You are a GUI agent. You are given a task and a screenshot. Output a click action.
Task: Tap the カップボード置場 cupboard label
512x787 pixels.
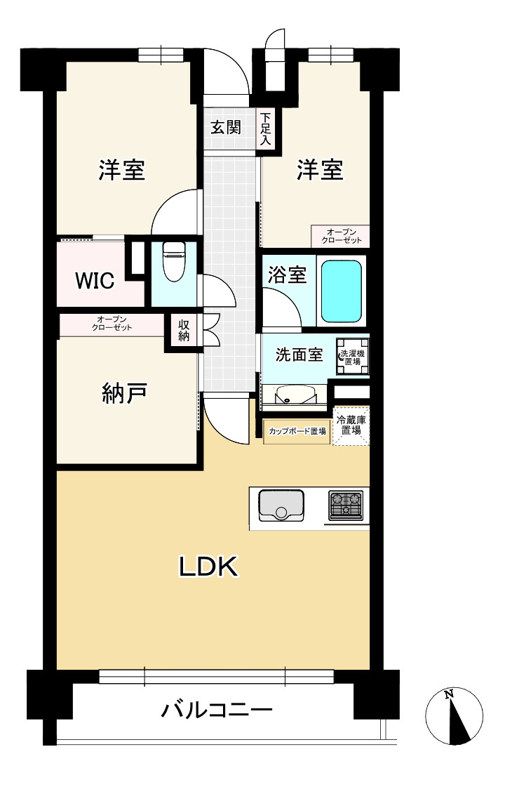coord(297,431)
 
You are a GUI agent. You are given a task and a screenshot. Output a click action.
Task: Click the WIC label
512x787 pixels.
coord(95,281)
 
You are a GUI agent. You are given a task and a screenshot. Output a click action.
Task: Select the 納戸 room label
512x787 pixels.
coord(123,395)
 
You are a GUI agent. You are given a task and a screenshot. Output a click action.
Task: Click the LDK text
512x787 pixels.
coord(210,567)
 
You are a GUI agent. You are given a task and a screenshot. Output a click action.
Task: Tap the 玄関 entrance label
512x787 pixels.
coord(227,128)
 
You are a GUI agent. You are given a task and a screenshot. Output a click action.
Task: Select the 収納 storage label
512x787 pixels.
coord(184,330)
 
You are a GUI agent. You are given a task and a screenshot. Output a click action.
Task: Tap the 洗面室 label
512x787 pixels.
coord(298,355)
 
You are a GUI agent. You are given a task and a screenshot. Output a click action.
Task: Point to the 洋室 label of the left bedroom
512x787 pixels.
coord(121,170)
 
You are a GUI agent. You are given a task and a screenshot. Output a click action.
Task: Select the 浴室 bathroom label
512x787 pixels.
coord(287,275)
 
